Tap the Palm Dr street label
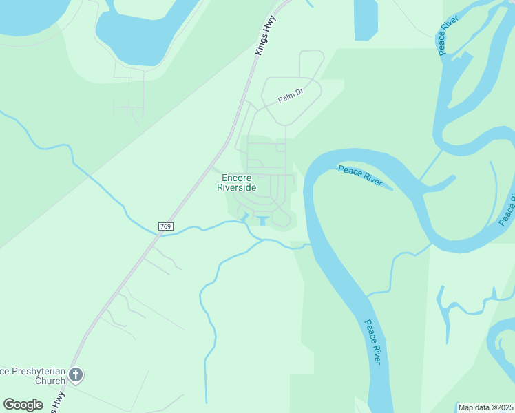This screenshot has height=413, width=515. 291,99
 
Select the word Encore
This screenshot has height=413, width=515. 237,178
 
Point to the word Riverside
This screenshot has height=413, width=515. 237,187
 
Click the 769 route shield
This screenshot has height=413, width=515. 165,226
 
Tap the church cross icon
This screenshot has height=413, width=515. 76,375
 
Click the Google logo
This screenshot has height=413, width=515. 23,405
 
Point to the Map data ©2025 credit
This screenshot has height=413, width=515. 486,407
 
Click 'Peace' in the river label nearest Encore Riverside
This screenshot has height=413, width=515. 350,170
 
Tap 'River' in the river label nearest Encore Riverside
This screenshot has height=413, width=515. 372,180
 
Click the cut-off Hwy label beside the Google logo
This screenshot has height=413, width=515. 58,401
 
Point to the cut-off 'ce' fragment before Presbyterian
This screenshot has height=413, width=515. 3,372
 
